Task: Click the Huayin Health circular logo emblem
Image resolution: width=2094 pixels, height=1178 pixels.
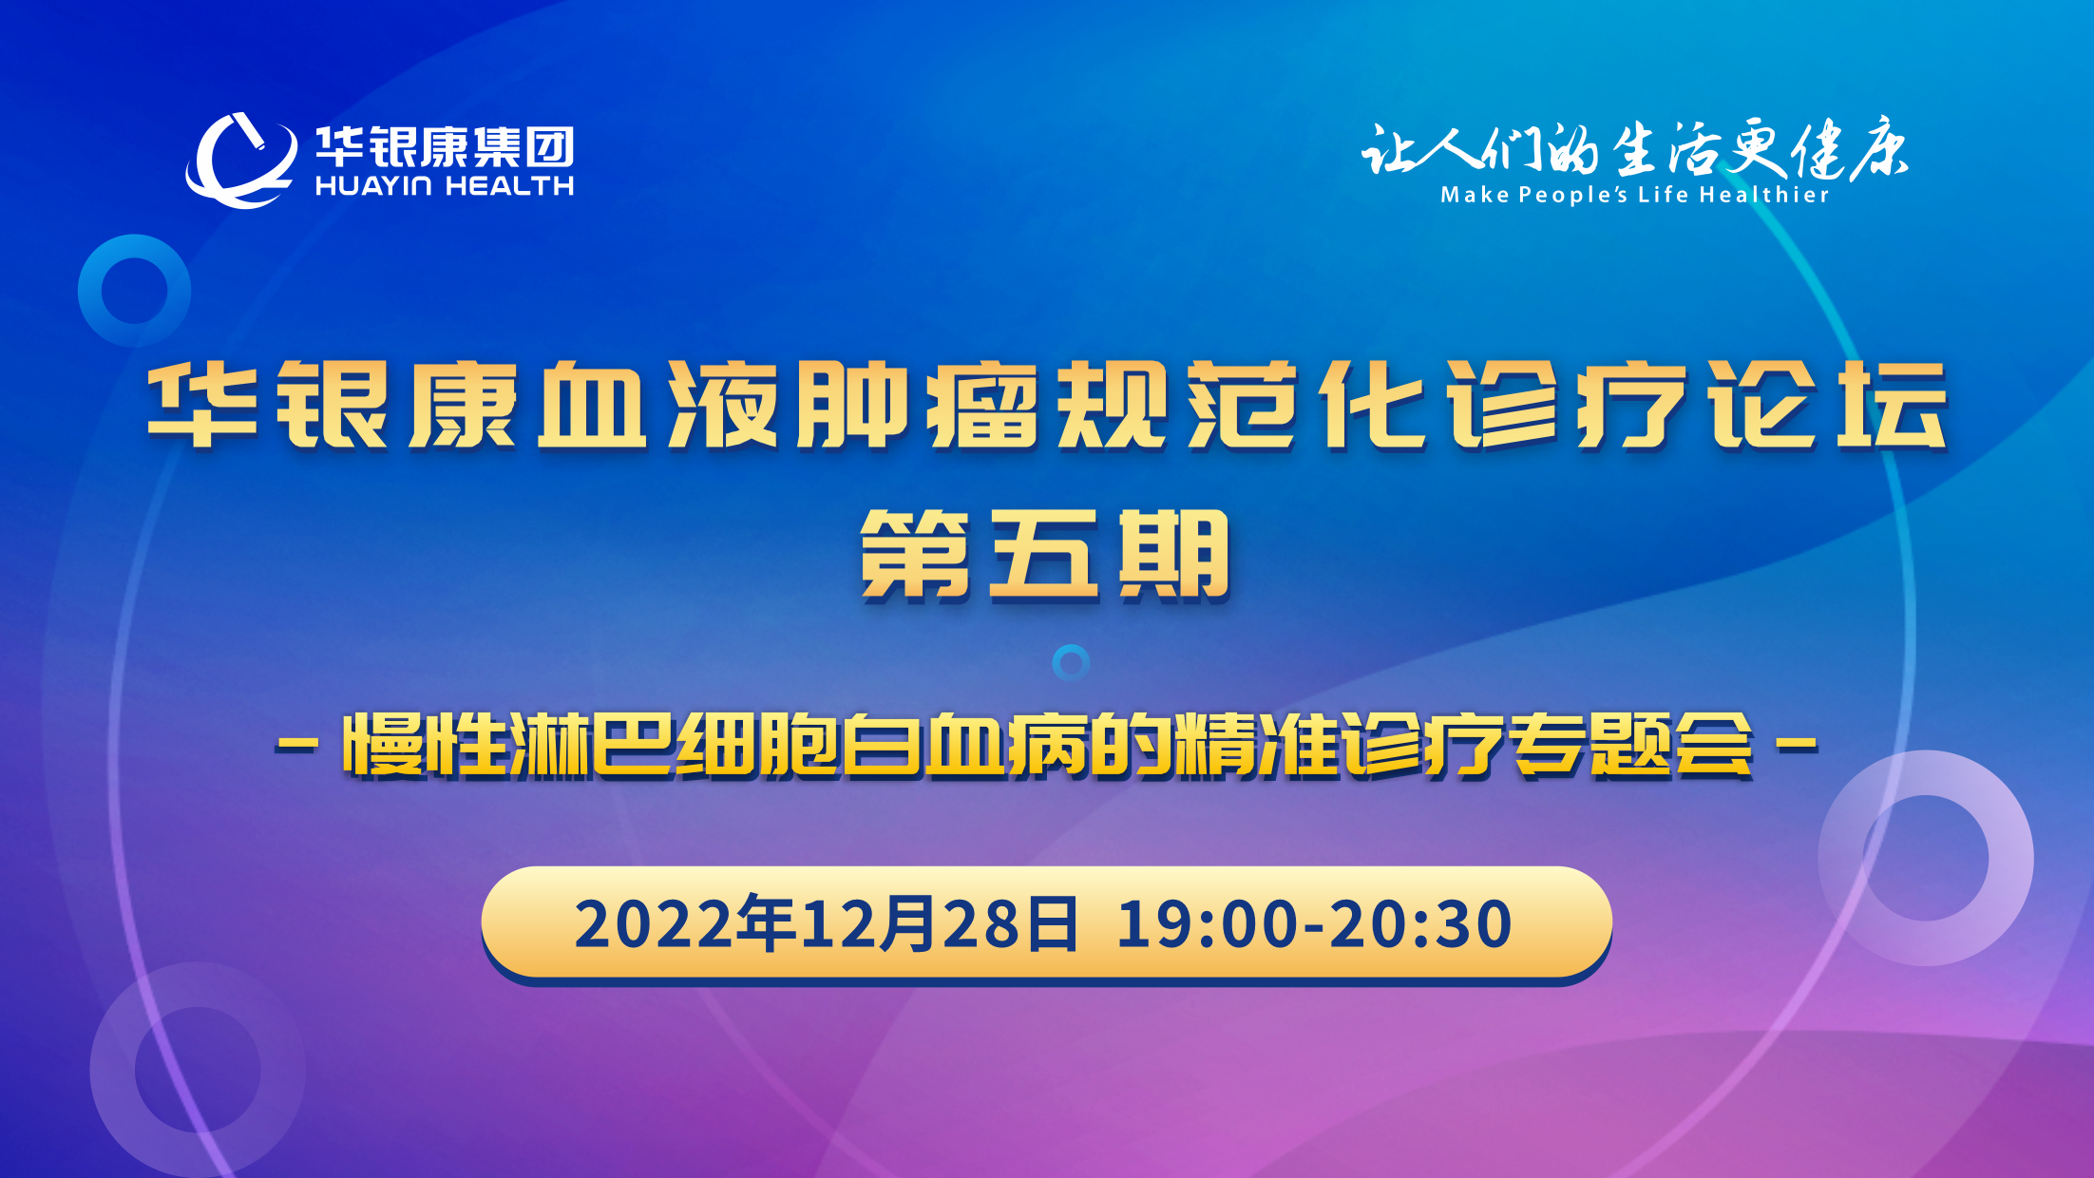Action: tap(239, 160)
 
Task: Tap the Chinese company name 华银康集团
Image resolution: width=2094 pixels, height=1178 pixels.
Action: tap(445, 147)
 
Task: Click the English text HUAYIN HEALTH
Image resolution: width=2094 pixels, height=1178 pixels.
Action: tap(445, 186)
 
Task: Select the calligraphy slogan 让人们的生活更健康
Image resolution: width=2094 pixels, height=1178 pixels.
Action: tap(1634, 150)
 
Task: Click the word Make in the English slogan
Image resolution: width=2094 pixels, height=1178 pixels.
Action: tap(1475, 195)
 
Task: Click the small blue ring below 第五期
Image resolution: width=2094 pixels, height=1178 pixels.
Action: tap(1071, 662)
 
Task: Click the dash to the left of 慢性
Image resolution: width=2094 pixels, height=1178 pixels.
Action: tap(296, 746)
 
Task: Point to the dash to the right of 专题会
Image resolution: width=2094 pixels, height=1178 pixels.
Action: tap(1798, 746)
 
